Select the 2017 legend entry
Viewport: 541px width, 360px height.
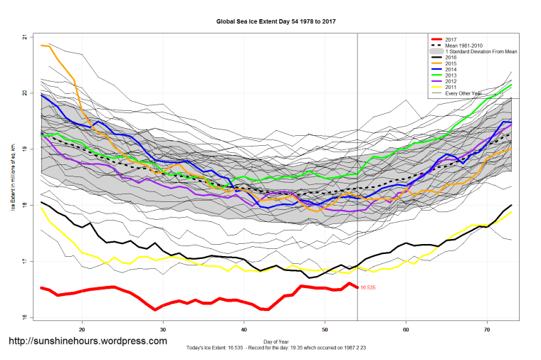point(450,40)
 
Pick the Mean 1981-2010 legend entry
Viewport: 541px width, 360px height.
point(463,46)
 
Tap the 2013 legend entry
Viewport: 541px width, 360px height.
point(450,74)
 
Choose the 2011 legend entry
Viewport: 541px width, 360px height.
point(450,87)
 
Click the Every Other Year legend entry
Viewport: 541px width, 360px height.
point(464,93)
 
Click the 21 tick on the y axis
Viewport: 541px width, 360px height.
point(25,36)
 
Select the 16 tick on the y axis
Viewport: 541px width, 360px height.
point(25,318)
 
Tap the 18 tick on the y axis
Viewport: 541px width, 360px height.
point(25,206)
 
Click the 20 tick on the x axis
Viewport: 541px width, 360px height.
point(83,329)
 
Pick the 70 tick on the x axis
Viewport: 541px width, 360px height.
point(487,329)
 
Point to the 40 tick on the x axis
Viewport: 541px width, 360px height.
point(244,329)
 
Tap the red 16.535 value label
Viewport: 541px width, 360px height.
point(368,288)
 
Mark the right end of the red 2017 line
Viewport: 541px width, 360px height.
point(357,287)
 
